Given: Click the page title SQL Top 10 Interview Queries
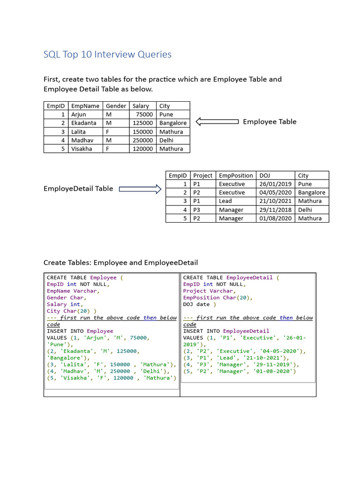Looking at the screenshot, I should pos(107,54).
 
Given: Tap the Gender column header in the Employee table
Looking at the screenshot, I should pos(115,106).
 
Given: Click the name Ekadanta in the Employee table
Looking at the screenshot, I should pos(83,123).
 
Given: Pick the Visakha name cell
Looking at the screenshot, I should pos(82,149).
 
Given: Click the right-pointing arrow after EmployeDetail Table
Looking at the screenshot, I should pos(140,189).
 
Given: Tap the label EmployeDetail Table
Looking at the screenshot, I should pos(78,188).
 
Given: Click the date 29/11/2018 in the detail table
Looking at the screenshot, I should pos(275,210).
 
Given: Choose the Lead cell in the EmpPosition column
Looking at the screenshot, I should pos(225,201).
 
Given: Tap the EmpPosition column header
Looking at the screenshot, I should pos(236,175).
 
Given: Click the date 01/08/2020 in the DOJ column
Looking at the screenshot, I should pos(275,218).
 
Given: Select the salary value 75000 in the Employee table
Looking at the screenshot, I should pos(144,114).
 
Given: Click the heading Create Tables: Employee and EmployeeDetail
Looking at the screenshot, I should pos(120,262).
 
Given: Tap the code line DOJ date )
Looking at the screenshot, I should pos(200,304).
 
